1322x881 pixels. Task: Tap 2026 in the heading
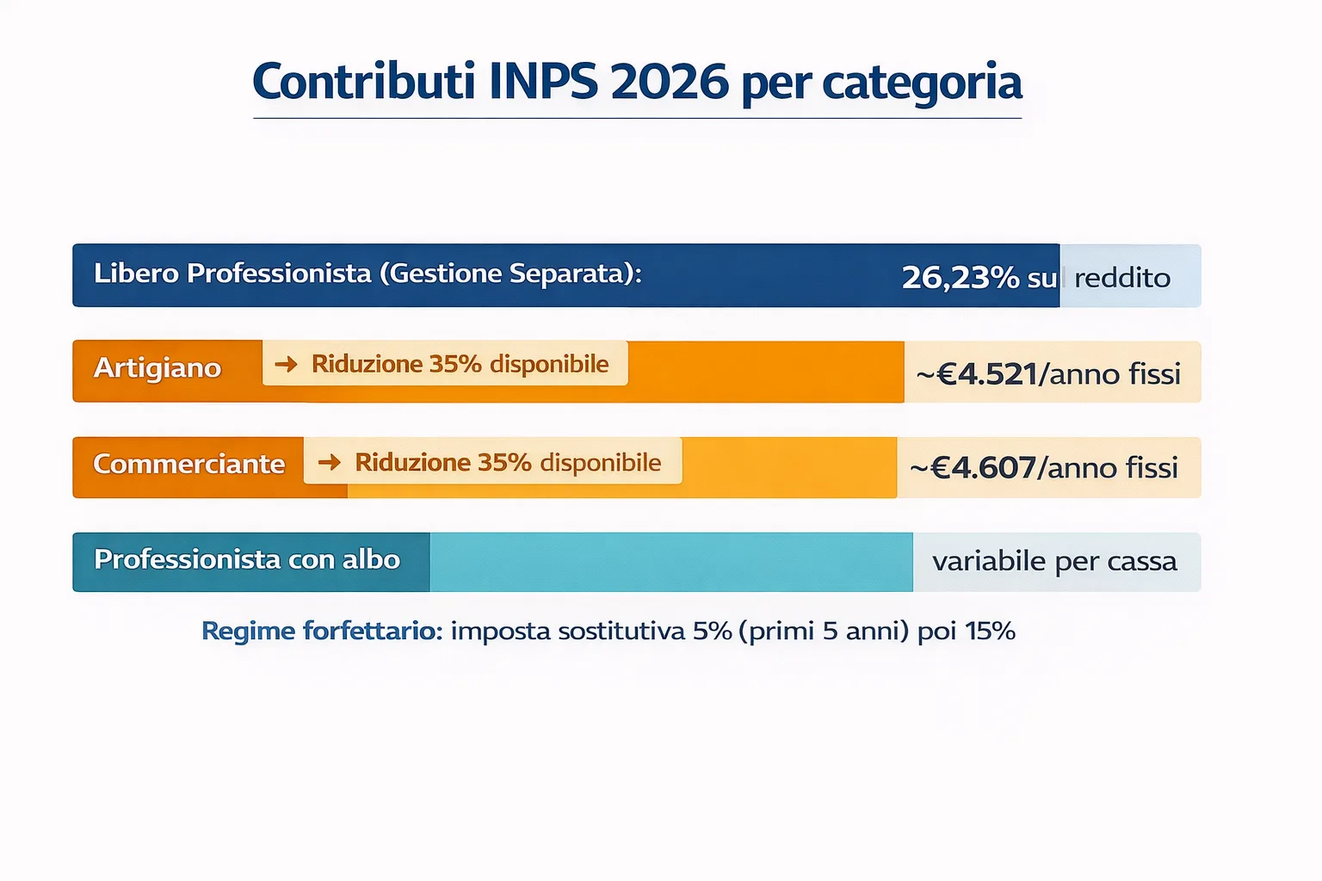click(x=670, y=82)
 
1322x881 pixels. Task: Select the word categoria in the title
click(x=922, y=83)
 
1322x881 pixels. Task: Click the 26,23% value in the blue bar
click(x=960, y=277)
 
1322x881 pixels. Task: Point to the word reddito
click(x=1122, y=278)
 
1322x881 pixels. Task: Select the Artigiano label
click(x=158, y=368)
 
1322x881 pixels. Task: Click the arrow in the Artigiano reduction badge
click(x=286, y=364)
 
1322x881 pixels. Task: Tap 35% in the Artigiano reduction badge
click(x=455, y=364)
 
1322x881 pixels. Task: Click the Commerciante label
click(x=188, y=465)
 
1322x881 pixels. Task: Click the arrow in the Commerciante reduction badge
click(x=329, y=462)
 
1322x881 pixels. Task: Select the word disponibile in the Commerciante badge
click(x=600, y=463)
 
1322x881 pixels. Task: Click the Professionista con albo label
click(x=247, y=560)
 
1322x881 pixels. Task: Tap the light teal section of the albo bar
click(x=671, y=562)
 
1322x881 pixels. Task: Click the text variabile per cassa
click(x=1054, y=562)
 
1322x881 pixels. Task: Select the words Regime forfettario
click(x=321, y=631)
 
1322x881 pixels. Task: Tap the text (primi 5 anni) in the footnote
click(x=829, y=631)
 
